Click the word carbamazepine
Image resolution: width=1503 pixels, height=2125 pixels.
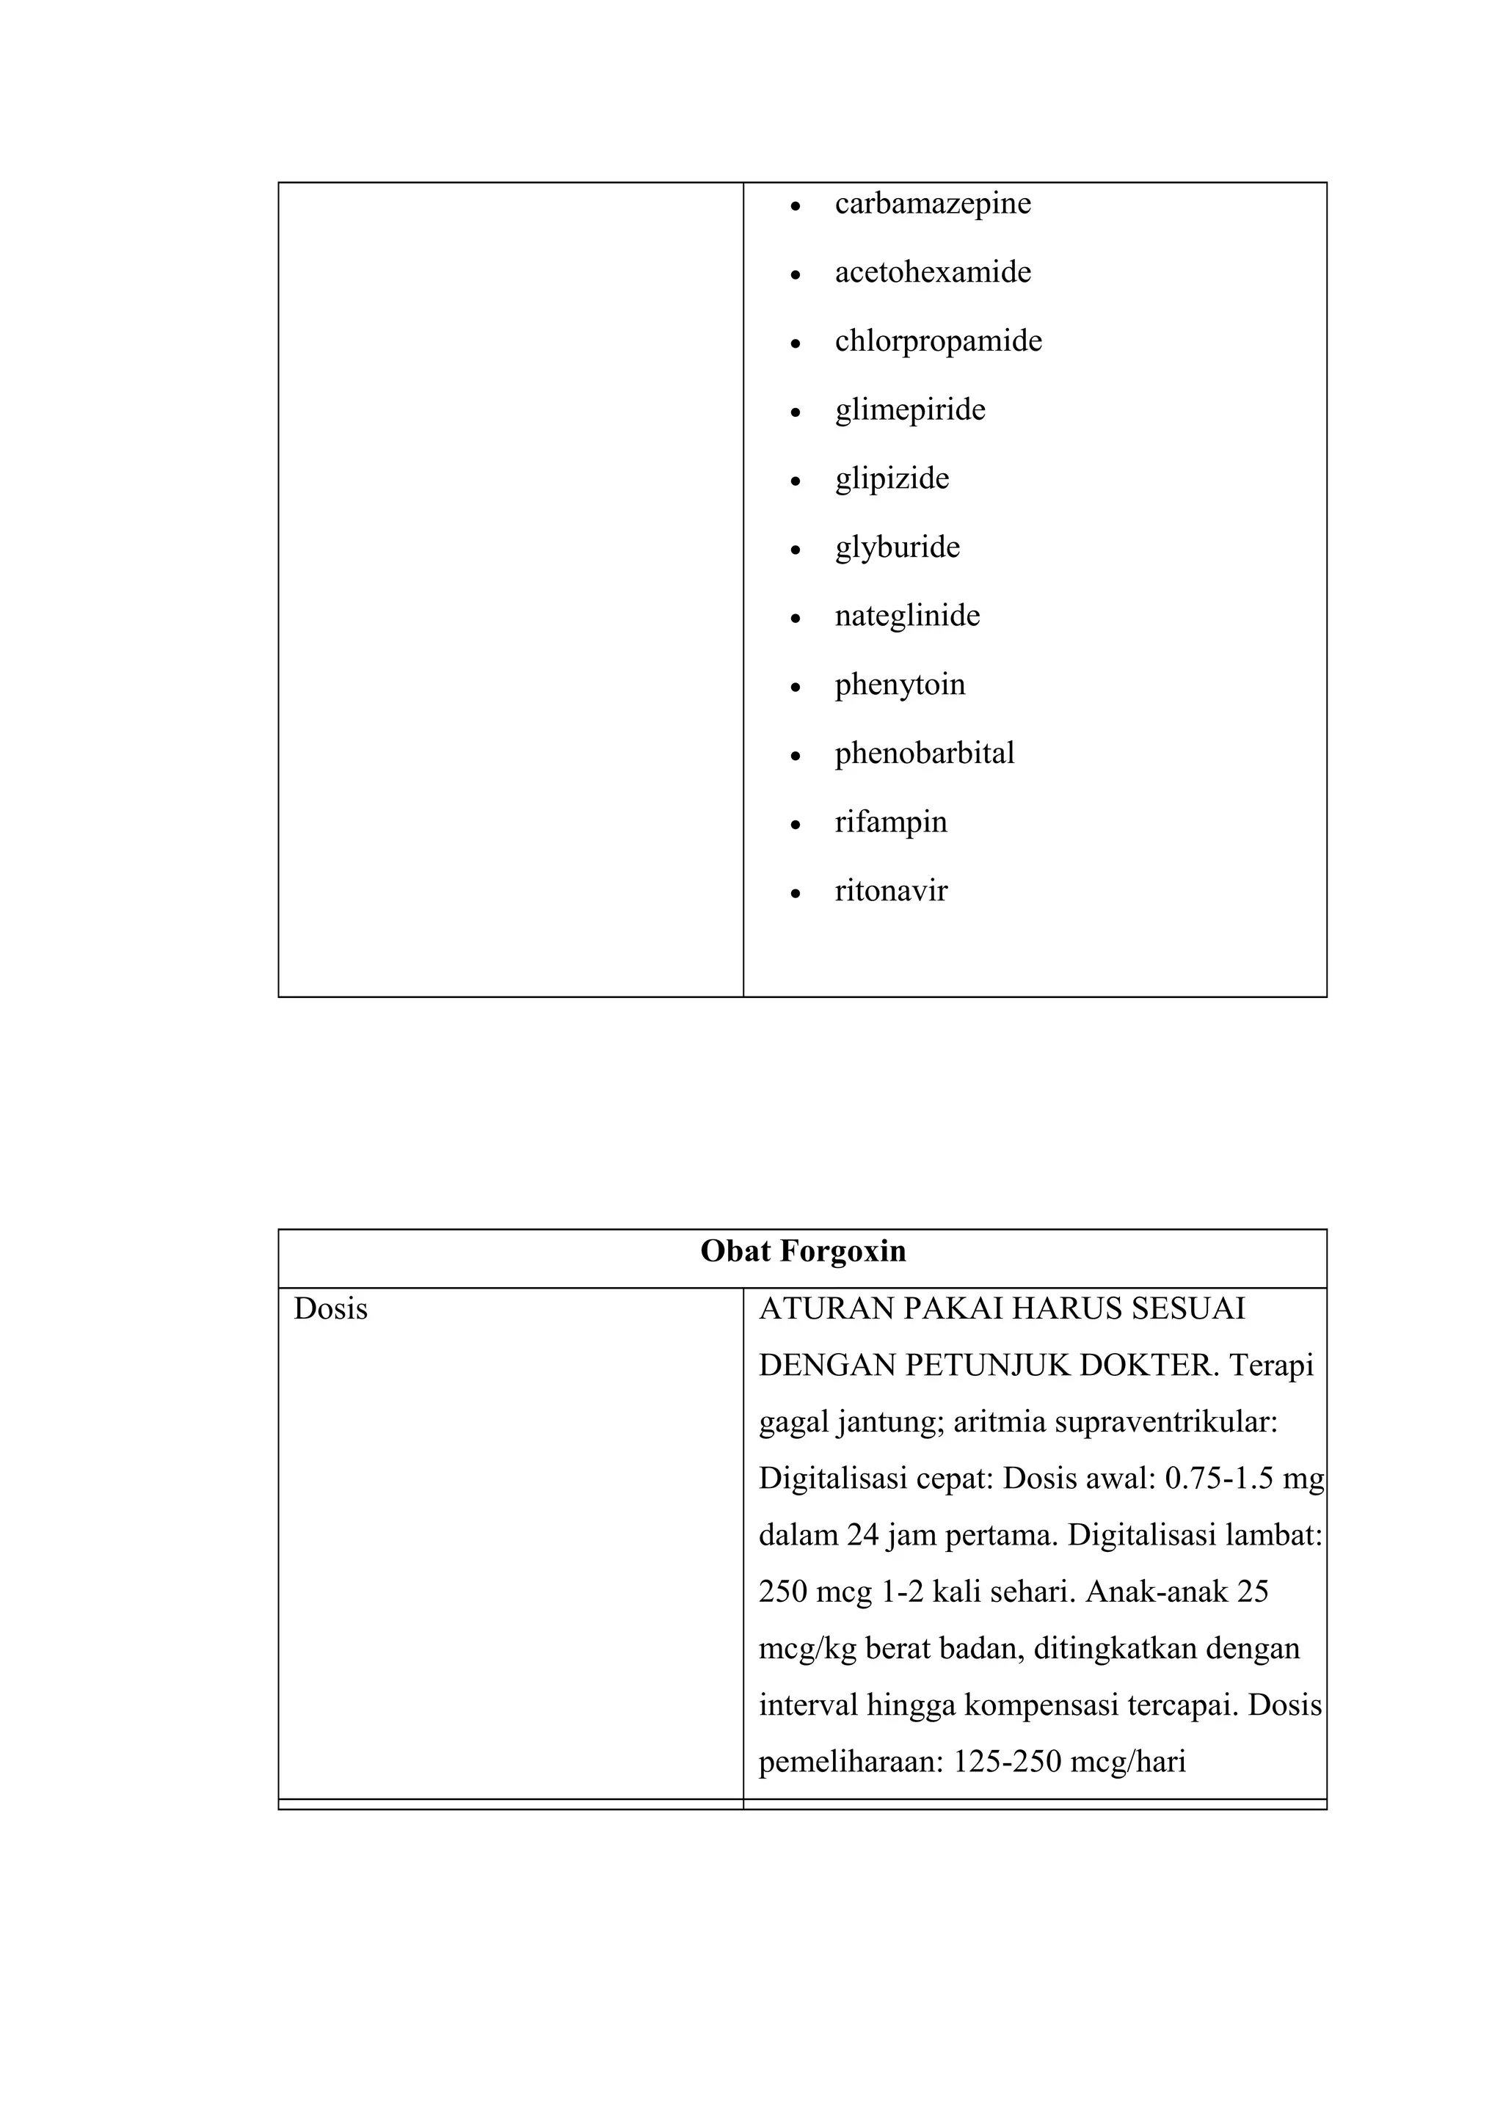click(x=932, y=203)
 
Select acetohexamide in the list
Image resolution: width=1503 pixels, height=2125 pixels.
click(x=932, y=272)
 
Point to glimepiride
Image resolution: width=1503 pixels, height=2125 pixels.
click(x=910, y=410)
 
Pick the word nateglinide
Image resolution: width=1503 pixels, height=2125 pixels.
click(x=907, y=616)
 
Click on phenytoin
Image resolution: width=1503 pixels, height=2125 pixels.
click(x=900, y=685)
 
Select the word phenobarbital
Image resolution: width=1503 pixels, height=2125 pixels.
click(x=924, y=754)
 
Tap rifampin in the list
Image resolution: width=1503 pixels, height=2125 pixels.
click(x=890, y=822)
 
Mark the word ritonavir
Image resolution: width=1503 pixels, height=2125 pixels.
click(x=890, y=892)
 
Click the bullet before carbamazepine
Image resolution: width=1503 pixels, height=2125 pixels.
click(x=795, y=205)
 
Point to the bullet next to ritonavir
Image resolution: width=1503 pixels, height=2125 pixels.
click(x=795, y=894)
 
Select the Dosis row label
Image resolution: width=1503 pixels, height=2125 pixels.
click(x=330, y=1310)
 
